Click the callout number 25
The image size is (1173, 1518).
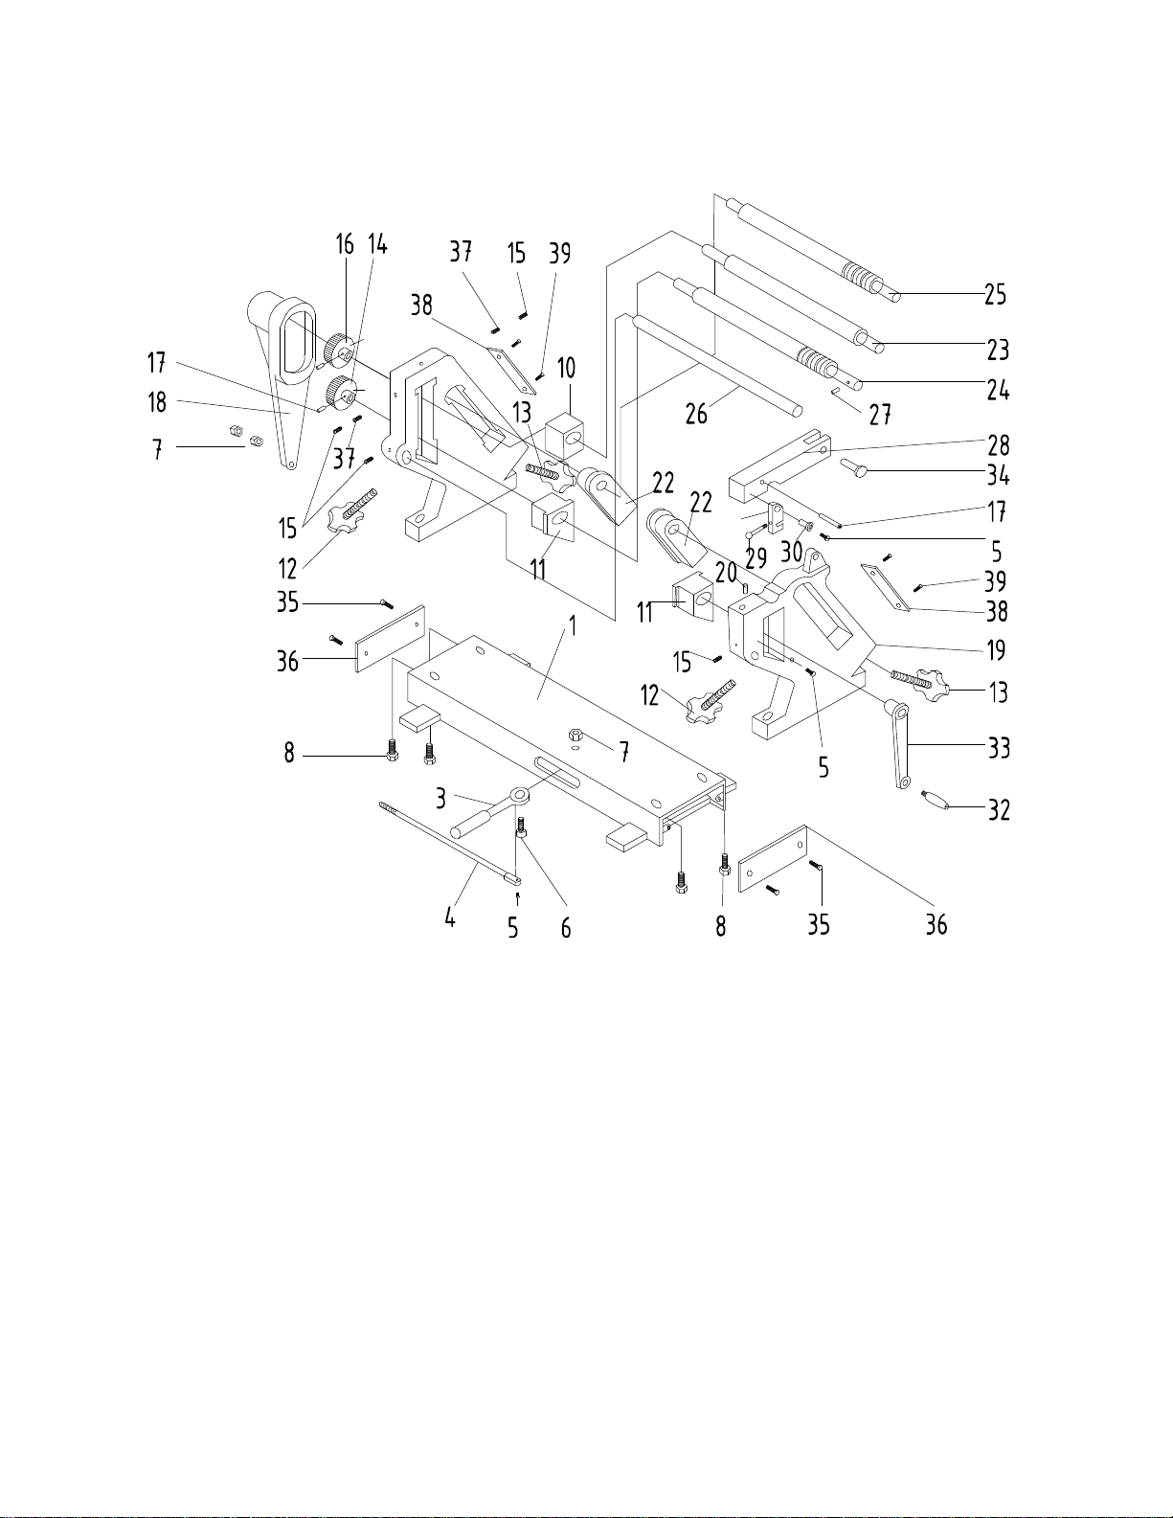click(996, 295)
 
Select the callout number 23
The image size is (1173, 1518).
click(998, 350)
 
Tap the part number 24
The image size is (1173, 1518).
click(998, 390)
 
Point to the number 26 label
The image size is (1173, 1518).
click(696, 415)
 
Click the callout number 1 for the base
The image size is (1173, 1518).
click(573, 625)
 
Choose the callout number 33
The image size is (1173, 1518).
click(999, 748)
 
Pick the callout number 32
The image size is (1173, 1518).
click(999, 810)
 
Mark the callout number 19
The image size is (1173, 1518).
click(997, 650)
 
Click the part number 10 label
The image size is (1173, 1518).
click(566, 368)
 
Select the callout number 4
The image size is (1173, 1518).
click(450, 917)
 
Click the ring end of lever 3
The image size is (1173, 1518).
click(519, 794)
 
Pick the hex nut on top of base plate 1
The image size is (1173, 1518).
click(576, 734)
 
